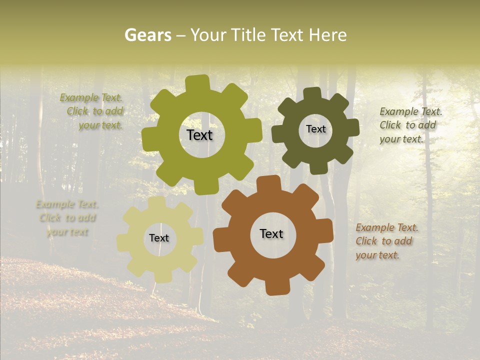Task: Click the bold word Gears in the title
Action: coord(147,35)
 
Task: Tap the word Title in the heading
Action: coord(252,35)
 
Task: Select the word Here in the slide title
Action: coord(327,35)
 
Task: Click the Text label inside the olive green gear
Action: coord(199,135)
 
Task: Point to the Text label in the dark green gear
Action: coord(315,129)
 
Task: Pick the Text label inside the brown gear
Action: coord(271,233)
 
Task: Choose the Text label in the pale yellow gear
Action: coord(159,238)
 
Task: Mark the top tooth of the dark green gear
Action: coord(312,93)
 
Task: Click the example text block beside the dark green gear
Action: coord(410,125)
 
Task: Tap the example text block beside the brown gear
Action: coord(386,241)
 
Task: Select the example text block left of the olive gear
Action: coord(93,111)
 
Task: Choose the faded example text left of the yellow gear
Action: coord(67,218)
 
